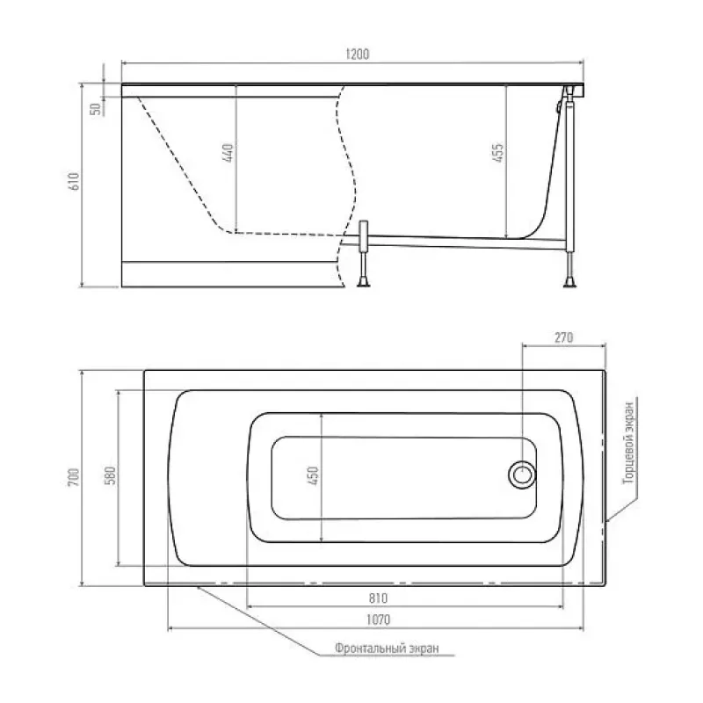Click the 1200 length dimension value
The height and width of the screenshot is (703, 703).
click(x=358, y=54)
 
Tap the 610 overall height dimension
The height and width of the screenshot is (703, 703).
click(x=74, y=181)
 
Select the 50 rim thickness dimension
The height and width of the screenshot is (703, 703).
click(x=96, y=109)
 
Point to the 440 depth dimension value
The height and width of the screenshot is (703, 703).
click(x=228, y=153)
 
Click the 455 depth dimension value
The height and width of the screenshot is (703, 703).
click(x=497, y=153)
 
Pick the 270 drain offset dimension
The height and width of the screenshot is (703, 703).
click(x=563, y=337)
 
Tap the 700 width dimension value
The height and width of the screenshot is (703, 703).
click(x=74, y=477)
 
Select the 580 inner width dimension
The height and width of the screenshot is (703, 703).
click(x=111, y=475)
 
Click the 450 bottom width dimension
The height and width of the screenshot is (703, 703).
click(x=314, y=475)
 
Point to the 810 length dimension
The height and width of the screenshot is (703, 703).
click(x=378, y=598)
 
